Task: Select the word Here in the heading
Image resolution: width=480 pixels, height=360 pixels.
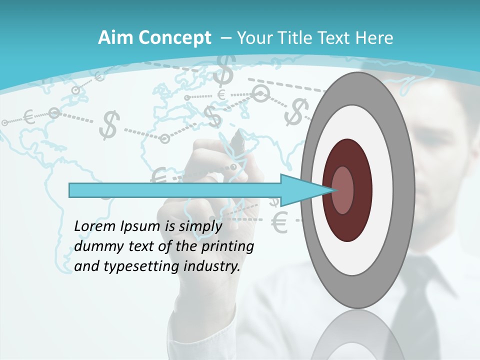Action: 375,38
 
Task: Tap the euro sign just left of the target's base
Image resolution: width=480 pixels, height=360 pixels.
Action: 280,223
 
